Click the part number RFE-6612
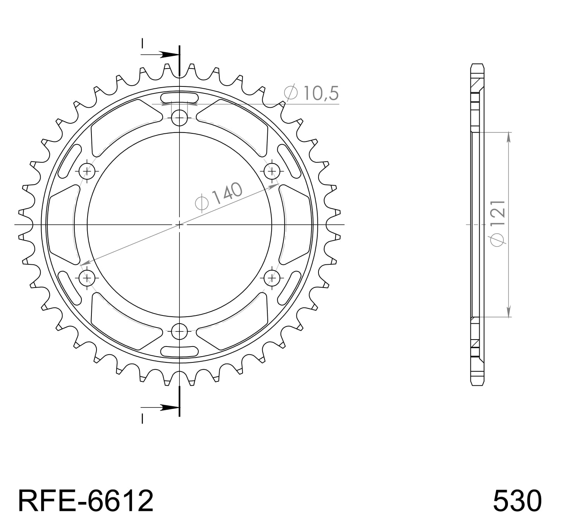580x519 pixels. pos(86,500)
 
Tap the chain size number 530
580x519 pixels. pos(517,500)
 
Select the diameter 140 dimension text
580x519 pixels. pos(219,197)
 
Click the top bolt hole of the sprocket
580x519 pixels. pos(179,117)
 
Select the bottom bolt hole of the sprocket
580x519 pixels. pos(179,331)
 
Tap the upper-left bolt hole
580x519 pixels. pos(87,171)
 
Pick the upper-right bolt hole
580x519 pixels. pos(272,171)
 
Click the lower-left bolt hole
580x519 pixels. pos(87,278)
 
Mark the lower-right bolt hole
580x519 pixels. pos(272,278)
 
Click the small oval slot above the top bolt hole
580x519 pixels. pos(179,97)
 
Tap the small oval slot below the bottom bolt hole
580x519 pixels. pos(179,351)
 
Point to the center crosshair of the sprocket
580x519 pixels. pos(179,224)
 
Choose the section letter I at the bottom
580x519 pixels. pos(142,419)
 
